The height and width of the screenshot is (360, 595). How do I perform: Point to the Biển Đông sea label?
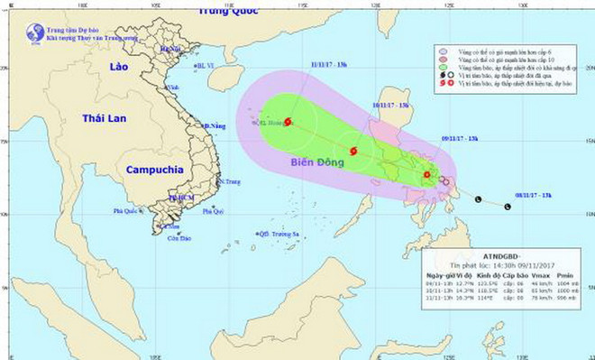[316, 162]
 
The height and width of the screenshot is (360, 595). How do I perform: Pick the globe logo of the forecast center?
[34, 32]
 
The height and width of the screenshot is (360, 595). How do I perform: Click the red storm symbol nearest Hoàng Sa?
[288, 122]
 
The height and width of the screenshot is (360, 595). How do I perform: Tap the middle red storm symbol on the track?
[353, 152]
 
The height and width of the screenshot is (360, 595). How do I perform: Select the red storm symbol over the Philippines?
[426, 175]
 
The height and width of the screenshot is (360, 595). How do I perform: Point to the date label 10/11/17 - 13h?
[390, 105]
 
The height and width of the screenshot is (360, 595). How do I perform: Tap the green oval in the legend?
[442, 67]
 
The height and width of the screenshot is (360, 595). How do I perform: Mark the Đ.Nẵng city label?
[214, 125]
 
